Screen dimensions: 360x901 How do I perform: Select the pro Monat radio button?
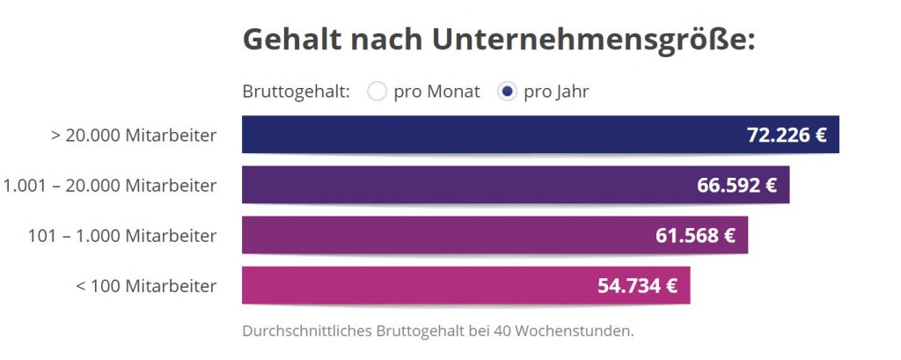click(377, 92)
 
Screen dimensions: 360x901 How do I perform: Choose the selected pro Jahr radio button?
click(507, 92)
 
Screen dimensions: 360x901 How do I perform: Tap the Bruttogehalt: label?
click(296, 92)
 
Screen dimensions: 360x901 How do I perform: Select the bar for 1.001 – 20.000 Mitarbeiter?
click(458, 185)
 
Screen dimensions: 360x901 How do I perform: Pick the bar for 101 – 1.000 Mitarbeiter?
click(440, 235)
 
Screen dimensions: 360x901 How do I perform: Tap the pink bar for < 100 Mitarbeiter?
click(414, 285)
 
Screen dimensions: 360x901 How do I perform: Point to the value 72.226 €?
click(787, 136)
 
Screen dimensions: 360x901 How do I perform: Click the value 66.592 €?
click(736, 186)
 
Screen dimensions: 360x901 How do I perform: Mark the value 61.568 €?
click(695, 236)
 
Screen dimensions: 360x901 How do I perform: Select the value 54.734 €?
click(637, 286)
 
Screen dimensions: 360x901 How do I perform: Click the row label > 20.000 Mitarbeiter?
click(141, 136)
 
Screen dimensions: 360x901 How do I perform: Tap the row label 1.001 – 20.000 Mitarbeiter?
click(110, 186)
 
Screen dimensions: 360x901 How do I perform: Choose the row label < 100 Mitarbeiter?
click(147, 286)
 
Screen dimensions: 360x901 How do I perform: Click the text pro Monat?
click(436, 92)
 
